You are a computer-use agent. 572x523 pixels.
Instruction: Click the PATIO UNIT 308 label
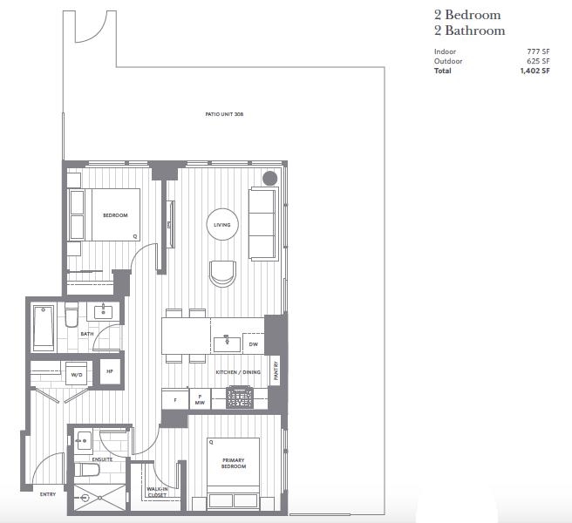tap(224, 114)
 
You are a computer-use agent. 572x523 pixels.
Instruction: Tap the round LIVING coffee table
tap(222, 224)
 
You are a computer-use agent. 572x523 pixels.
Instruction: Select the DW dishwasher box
tap(253, 343)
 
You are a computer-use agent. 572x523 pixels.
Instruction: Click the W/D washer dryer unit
tap(76, 373)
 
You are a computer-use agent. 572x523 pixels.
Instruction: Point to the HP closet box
tap(110, 371)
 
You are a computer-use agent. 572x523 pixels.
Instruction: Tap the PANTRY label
tap(276, 370)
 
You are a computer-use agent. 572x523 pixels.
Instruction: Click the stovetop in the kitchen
tap(239, 397)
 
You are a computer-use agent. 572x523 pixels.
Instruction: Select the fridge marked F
tap(175, 400)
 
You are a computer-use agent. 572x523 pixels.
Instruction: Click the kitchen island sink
tap(227, 344)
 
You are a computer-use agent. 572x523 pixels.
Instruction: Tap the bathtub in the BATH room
tap(44, 327)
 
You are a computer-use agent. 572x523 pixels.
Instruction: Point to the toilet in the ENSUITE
tap(87, 470)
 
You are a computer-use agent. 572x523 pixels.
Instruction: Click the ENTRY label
tap(48, 494)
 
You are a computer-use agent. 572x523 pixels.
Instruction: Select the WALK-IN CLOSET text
tap(157, 492)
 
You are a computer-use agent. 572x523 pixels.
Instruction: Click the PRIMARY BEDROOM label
tap(234, 463)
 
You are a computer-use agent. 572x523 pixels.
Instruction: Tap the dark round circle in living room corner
tap(270, 179)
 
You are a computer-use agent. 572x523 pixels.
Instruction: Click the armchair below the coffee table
tap(222, 274)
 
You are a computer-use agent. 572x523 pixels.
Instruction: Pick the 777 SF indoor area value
tap(538, 51)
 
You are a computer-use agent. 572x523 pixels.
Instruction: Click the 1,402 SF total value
tap(535, 71)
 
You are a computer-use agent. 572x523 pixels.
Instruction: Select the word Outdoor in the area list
tap(448, 61)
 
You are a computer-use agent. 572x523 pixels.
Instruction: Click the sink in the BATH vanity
tap(104, 312)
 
